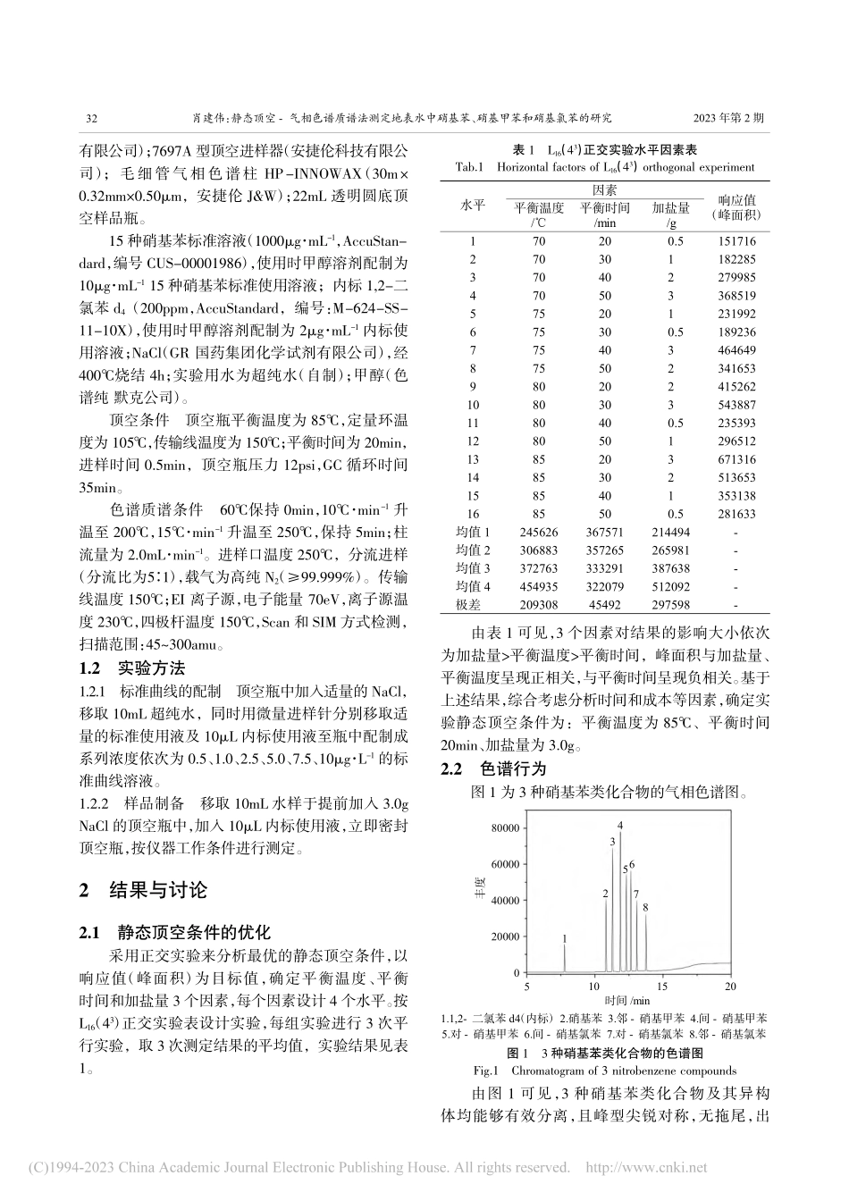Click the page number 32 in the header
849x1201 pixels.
coord(90,116)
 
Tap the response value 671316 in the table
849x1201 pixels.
coord(736,459)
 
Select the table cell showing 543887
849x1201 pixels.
coord(736,405)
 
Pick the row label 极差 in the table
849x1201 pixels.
coord(473,605)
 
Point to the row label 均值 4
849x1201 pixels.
coord(473,586)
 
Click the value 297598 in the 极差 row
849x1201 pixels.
coord(670,605)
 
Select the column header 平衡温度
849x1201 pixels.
coord(538,207)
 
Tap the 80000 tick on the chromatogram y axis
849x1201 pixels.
coord(505,827)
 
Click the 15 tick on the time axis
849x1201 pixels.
coord(662,986)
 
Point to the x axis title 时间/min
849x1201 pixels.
coord(627,1000)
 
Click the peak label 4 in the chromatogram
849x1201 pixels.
coord(619,825)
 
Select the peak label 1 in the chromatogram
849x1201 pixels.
coord(565,937)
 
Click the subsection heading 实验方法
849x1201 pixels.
coord(151,668)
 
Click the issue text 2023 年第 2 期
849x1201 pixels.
coord(727,116)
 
